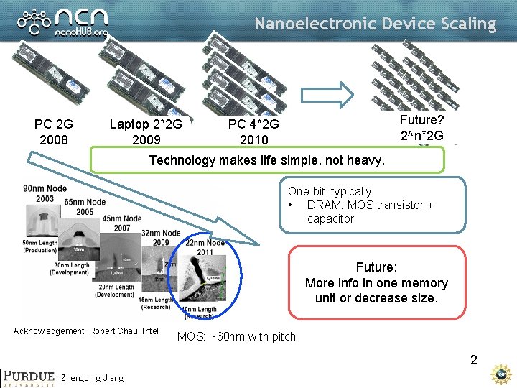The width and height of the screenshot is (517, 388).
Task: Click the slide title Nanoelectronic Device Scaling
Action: (375, 24)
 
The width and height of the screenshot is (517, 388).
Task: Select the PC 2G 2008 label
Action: (54, 131)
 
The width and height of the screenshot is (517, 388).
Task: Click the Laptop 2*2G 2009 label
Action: (146, 131)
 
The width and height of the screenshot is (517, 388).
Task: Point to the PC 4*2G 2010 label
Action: (253, 131)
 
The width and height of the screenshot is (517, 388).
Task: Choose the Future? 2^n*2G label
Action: (422, 127)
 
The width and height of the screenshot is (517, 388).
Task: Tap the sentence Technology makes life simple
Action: (266, 160)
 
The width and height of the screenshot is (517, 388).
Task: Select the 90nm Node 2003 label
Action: (45, 193)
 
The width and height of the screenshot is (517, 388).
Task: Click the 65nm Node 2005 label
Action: (85, 207)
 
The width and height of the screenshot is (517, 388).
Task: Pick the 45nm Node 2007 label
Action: (121, 223)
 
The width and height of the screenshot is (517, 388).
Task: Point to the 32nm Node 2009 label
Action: (161, 237)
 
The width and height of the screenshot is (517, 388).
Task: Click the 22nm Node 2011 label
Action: (205, 246)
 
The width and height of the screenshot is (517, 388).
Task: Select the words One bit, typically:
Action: (331, 192)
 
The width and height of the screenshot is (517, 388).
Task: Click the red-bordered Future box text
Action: (376, 283)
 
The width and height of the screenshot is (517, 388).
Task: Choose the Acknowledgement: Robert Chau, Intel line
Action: (86, 331)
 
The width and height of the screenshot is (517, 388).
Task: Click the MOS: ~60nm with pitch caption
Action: (236, 336)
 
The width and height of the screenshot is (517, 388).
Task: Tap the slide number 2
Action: (473, 360)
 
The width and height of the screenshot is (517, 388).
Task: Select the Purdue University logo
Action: (29, 377)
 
